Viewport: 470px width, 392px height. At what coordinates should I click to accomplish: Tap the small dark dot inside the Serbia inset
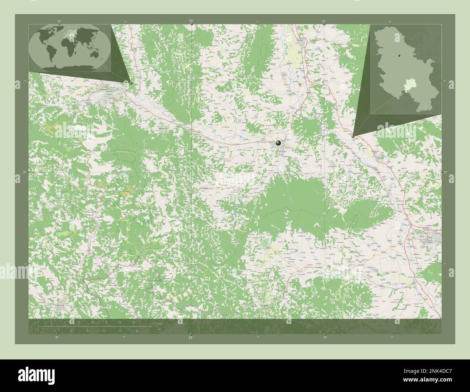(399, 56)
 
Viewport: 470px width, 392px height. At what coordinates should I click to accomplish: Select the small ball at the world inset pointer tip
(131, 83)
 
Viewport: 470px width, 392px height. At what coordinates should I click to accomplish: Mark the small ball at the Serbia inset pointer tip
(353, 136)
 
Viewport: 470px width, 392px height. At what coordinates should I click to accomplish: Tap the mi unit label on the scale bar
(159, 330)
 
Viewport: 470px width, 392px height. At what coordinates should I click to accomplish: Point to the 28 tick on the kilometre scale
(133, 322)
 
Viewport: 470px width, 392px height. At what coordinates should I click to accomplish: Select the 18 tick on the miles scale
(137, 331)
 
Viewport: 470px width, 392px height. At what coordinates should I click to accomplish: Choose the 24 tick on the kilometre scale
(120, 322)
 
